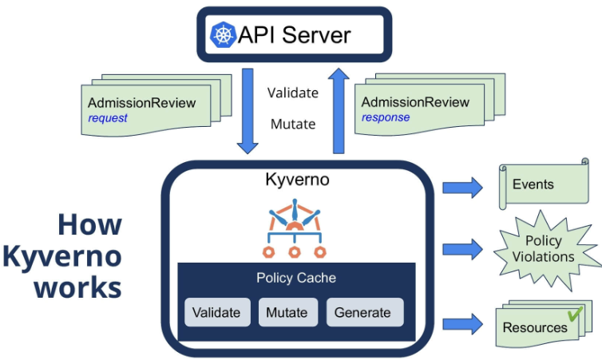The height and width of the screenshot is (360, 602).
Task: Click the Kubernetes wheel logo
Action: [x=223, y=35]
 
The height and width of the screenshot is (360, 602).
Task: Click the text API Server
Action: [x=294, y=35]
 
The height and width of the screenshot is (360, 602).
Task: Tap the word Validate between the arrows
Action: [x=293, y=93]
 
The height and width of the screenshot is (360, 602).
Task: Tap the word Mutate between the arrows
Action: [x=293, y=124]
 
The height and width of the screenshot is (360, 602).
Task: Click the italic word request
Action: [x=108, y=118]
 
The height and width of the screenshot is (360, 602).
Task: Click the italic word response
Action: [x=386, y=117]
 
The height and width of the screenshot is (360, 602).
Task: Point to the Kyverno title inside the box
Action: [x=297, y=180]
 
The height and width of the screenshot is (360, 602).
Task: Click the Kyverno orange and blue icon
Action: [x=295, y=227]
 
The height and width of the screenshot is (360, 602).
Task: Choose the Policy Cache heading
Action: [x=296, y=278]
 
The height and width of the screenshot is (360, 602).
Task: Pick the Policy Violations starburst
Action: [x=544, y=248]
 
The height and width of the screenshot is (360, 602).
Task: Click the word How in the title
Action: [x=89, y=224]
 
